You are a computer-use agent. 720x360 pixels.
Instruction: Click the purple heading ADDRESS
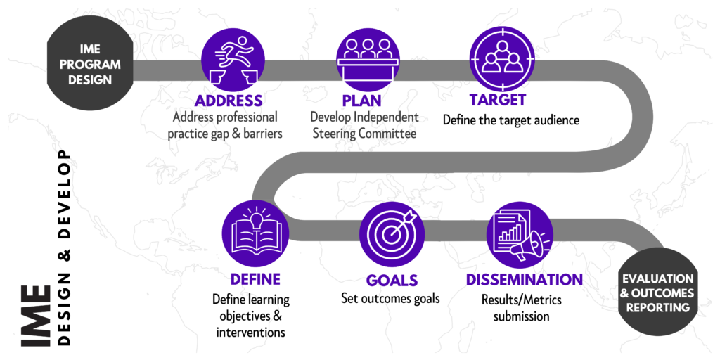click(229, 101)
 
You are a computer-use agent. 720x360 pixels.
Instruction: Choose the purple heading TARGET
click(496, 101)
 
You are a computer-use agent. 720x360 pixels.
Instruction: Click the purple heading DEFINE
click(255, 279)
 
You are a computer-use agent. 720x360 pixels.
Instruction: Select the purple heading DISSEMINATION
click(524, 280)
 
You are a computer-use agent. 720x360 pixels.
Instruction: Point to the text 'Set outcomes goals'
click(390, 298)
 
